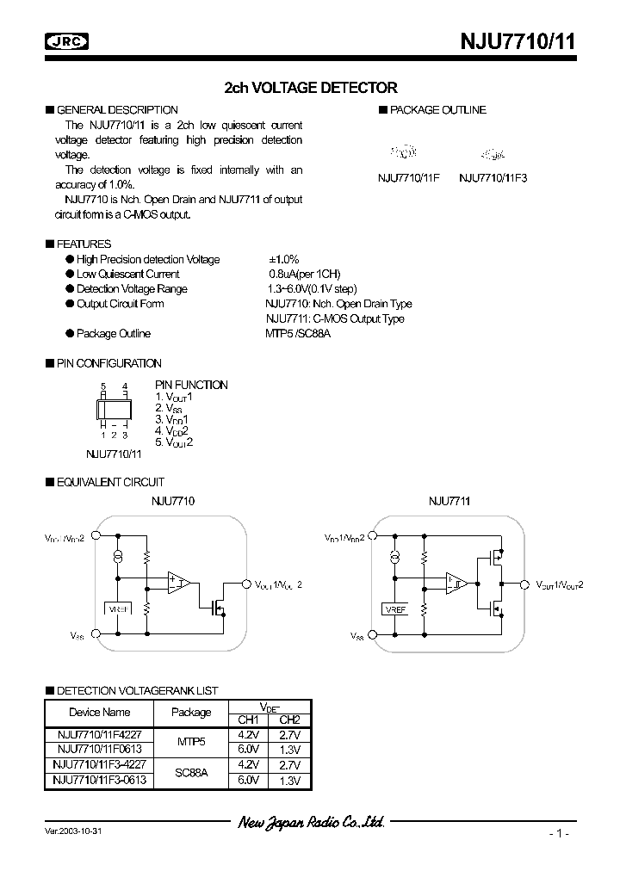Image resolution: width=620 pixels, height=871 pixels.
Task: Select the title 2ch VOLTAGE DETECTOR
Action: pyautogui.click(x=310, y=88)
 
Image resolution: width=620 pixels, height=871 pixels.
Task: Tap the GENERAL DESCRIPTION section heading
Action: pyautogui.click(x=117, y=110)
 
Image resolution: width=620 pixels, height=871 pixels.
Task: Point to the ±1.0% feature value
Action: pyautogui.click(x=283, y=259)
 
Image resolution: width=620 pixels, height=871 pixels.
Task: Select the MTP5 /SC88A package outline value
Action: pyautogui.click(x=298, y=333)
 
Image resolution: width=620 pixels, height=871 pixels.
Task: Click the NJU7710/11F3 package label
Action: pyautogui.click(x=493, y=177)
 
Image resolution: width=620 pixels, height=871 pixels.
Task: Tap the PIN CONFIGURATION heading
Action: pyautogui.click(x=108, y=363)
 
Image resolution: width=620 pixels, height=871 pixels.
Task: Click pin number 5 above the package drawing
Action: pyautogui.click(x=102, y=386)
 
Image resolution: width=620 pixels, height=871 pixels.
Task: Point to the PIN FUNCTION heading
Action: pyautogui.click(x=191, y=385)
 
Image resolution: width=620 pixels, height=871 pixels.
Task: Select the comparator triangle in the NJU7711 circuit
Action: pyautogui.click(x=455, y=584)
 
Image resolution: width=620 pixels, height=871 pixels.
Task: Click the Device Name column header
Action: pyautogui.click(x=99, y=712)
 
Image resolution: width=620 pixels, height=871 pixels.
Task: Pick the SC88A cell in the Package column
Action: pyautogui.click(x=191, y=773)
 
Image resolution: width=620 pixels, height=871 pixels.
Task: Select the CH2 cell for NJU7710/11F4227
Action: pyautogui.click(x=289, y=736)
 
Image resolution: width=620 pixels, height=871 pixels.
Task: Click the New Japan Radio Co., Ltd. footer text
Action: pyautogui.click(x=310, y=823)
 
